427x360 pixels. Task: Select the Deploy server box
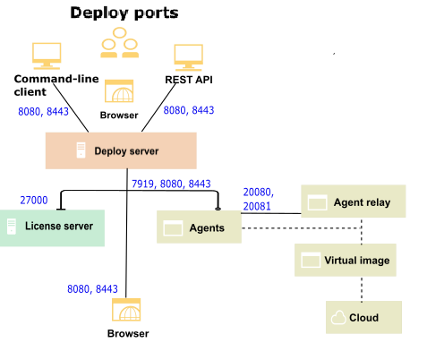click(x=120, y=150)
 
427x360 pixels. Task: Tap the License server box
click(x=52, y=227)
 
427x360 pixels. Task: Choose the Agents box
click(x=201, y=228)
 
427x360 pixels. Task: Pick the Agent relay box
click(x=353, y=201)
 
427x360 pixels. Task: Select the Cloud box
click(x=363, y=318)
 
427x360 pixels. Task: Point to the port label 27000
click(x=35, y=199)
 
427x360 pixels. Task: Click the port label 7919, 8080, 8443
click(x=171, y=184)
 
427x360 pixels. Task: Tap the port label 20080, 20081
click(x=258, y=199)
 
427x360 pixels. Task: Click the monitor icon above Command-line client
click(x=46, y=56)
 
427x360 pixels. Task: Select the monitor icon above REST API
click(x=189, y=56)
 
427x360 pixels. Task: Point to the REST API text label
click(x=189, y=79)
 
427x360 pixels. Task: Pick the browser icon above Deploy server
click(x=119, y=92)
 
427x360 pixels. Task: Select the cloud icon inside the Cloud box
click(x=338, y=318)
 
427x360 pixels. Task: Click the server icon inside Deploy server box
click(x=81, y=150)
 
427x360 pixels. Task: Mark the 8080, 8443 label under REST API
click(x=189, y=111)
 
